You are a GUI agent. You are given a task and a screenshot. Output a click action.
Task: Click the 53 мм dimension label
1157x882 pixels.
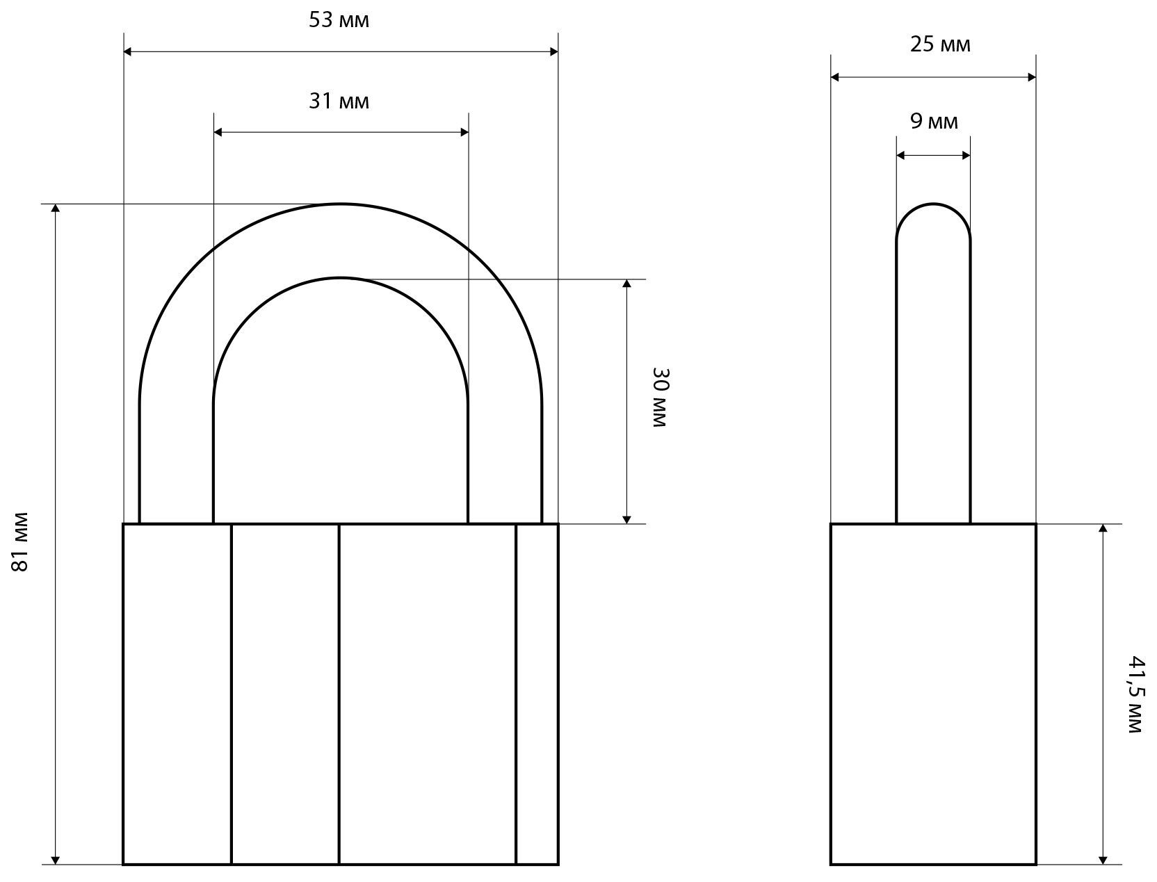(x=339, y=20)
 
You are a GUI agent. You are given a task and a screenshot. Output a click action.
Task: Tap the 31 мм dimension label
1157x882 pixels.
(x=339, y=101)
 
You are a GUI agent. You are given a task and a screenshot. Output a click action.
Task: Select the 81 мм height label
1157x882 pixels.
(x=20, y=541)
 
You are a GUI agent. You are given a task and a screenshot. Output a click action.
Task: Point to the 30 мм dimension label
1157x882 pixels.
(x=660, y=398)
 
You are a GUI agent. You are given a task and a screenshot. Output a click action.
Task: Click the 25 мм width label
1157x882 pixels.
(x=940, y=44)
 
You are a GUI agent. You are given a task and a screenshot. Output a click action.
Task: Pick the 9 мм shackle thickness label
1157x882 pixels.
(x=934, y=121)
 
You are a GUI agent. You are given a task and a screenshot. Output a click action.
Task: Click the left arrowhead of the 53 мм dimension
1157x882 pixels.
(x=127, y=51)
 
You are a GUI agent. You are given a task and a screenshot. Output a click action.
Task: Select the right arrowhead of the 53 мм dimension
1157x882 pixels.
(x=554, y=51)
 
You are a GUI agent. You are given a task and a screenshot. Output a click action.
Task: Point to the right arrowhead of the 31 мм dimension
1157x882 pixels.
(x=464, y=132)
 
